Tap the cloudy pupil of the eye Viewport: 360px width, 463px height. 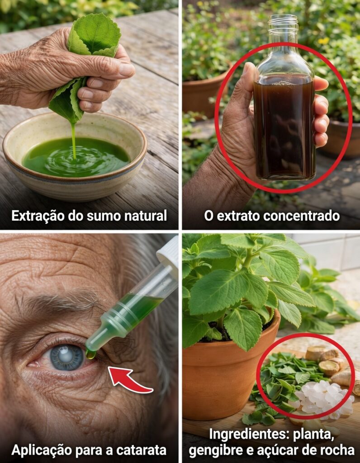pos(67,356)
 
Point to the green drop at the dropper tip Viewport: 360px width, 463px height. pos(90,354)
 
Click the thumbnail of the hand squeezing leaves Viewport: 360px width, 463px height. pos(89,115)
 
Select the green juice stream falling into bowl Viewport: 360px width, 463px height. pos(73,140)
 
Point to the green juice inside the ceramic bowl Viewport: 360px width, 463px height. pos(76,157)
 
